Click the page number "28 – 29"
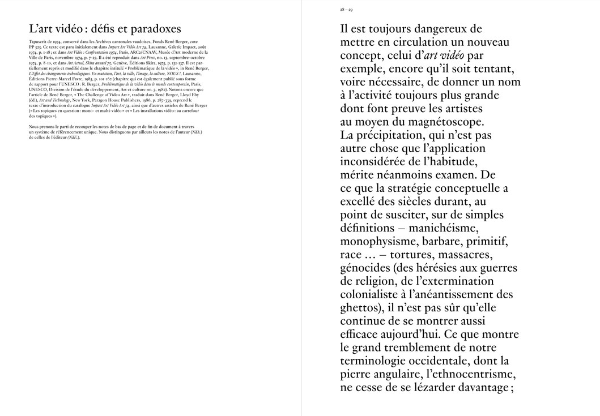[346, 10]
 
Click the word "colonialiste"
[376, 294]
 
